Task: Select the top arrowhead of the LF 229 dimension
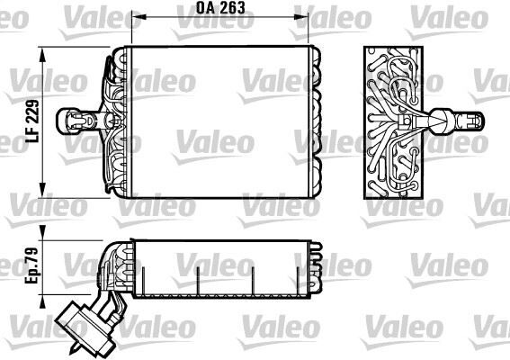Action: [41, 49]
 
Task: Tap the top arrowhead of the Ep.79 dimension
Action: [41, 243]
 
